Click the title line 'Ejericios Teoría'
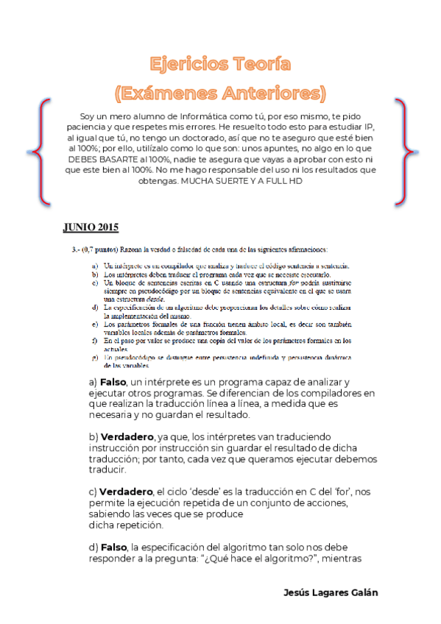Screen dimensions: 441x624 pos(220,64)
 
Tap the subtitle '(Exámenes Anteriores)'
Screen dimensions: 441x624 pos(220,93)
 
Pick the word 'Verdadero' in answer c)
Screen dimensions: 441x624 pos(127,492)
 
